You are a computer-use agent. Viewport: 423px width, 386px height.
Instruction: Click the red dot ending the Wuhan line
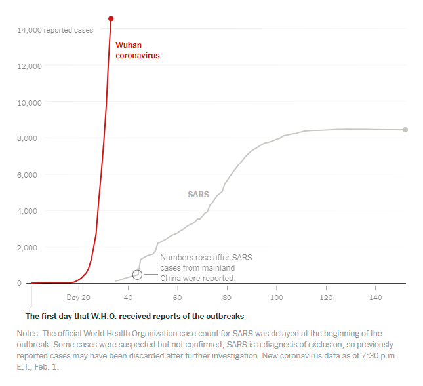[111, 18]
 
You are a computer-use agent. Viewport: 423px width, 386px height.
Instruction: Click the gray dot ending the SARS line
[405, 130]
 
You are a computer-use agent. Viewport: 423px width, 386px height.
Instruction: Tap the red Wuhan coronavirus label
[137, 50]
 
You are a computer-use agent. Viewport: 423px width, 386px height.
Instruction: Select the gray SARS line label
[198, 195]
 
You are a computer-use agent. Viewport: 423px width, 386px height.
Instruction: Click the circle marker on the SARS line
[137, 275]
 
